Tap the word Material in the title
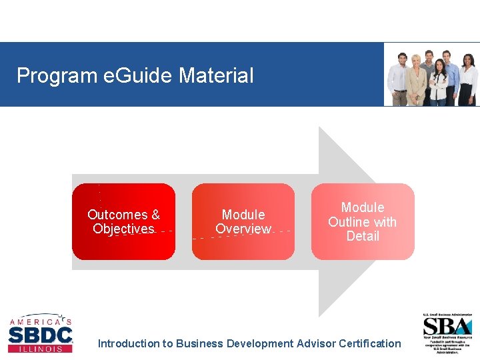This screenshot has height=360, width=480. (x=216, y=75)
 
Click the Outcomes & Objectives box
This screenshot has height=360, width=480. (x=123, y=221)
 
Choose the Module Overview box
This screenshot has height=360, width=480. (x=243, y=221)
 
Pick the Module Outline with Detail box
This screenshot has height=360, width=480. (x=363, y=221)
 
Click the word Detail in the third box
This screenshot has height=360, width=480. (x=363, y=236)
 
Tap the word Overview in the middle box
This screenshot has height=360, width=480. (x=243, y=229)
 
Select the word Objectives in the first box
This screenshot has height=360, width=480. (x=123, y=229)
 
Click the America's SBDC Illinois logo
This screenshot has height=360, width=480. (x=40, y=333)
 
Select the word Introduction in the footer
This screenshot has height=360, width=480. (x=129, y=343)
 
